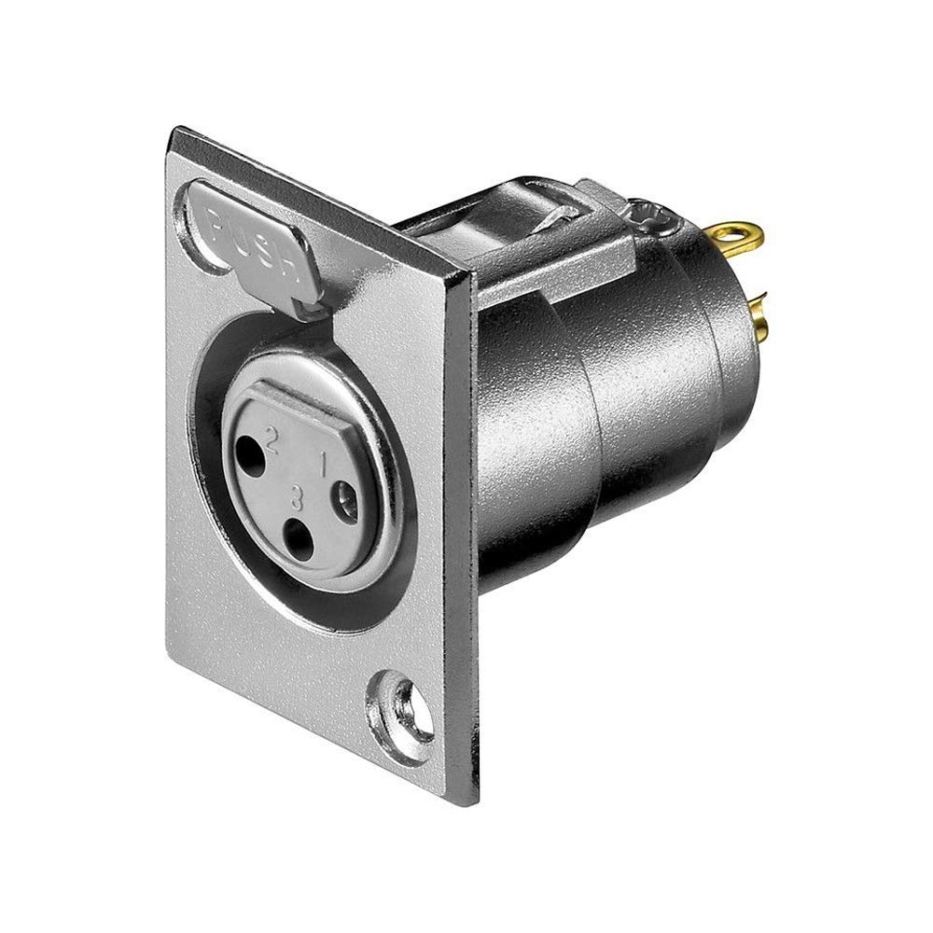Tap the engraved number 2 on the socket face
273,439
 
